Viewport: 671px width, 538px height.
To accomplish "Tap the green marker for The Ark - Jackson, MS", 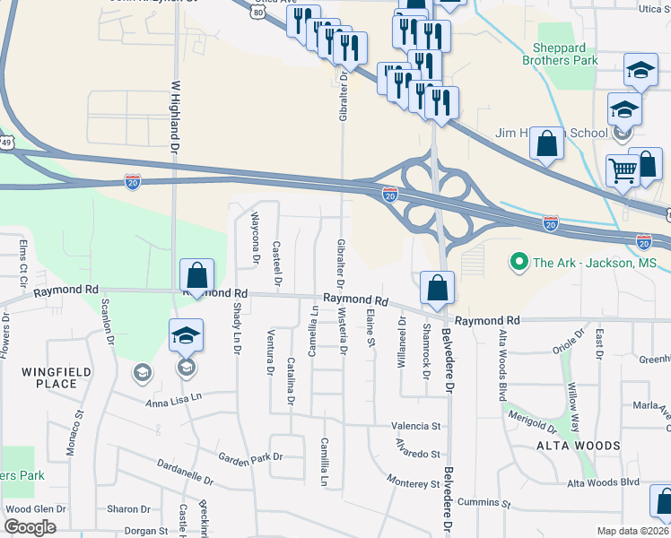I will (x=518, y=264).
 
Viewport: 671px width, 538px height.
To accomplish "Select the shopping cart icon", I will (x=623, y=169).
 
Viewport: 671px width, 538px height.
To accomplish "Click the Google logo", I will (x=30, y=527).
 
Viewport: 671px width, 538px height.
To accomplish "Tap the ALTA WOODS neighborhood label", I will (x=578, y=446).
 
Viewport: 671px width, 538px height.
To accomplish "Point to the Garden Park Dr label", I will (x=254, y=457).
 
